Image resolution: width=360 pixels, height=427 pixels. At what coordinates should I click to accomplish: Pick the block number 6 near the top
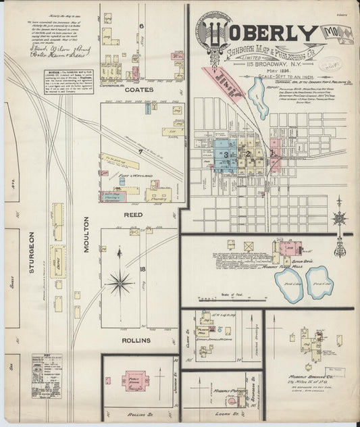click(x=142, y=26)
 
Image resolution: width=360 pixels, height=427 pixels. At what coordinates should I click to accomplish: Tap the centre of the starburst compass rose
click(x=119, y=281)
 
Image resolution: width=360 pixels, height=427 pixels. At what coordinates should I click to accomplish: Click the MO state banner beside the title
click(x=334, y=32)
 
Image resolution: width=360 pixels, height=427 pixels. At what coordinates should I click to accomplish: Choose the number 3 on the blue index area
click(x=226, y=155)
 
